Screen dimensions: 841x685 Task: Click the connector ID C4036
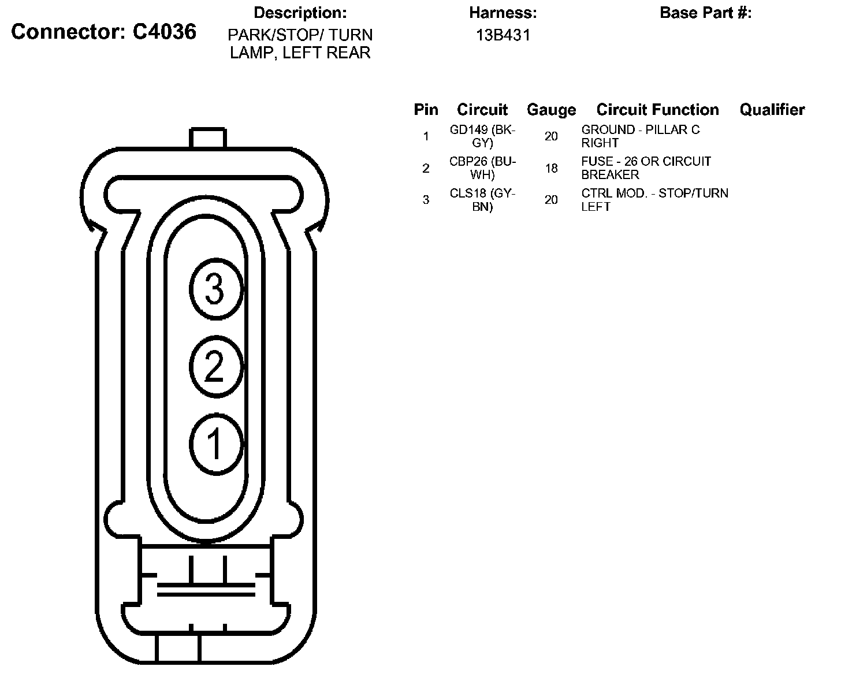tap(164, 32)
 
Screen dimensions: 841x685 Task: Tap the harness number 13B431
tap(503, 35)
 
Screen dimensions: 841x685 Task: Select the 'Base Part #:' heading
tap(706, 13)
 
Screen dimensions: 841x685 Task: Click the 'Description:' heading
tap(300, 13)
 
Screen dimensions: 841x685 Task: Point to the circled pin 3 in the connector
tap(217, 289)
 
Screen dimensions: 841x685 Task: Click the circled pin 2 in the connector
tap(217, 366)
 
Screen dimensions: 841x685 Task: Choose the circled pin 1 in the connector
tap(217, 444)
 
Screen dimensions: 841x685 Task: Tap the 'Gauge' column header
tap(551, 110)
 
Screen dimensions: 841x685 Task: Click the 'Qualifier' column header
tap(772, 110)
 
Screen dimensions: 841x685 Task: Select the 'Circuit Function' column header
tap(657, 110)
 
